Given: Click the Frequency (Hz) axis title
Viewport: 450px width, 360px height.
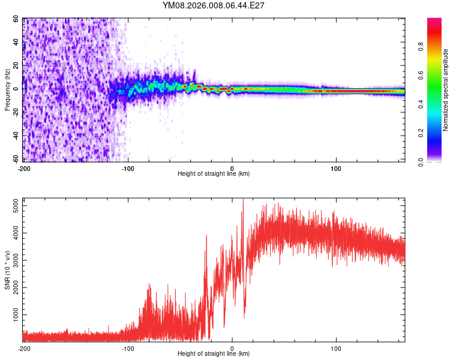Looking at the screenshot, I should pyautogui.click(x=7, y=90).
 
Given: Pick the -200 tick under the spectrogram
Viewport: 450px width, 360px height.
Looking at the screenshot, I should pyautogui.click(x=24, y=168).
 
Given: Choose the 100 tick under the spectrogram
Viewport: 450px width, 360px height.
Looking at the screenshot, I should pyautogui.click(x=336, y=168).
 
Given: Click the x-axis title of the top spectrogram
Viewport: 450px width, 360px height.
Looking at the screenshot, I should pyautogui.click(x=214, y=174).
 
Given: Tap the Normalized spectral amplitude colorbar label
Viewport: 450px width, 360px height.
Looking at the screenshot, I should pyautogui.click(x=445, y=90).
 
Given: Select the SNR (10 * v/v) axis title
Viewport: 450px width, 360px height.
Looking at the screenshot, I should pyautogui.click(x=7, y=270).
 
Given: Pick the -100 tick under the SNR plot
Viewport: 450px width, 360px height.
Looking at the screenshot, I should pyautogui.click(x=128, y=349).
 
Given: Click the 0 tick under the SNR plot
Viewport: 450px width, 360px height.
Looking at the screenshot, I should pyautogui.click(x=232, y=349).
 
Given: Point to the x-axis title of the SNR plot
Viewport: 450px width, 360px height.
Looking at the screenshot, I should pyautogui.click(x=214, y=355).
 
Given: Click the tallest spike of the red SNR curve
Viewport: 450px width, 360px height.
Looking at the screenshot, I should pyautogui.click(x=243, y=202).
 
